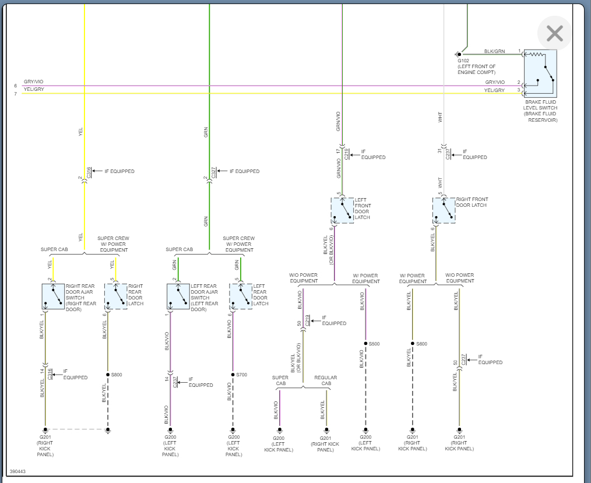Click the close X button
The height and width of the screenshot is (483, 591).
click(554, 34)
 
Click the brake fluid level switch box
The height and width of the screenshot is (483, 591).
click(540, 73)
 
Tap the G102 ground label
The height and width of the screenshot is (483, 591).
click(463, 61)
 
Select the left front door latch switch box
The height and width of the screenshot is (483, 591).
click(342, 210)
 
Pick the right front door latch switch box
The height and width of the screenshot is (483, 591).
click(444, 210)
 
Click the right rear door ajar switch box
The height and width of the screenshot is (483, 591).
click(53, 297)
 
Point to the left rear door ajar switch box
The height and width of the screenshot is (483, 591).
click(178, 297)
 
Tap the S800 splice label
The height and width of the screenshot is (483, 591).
click(117, 375)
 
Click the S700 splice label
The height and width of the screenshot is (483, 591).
click(242, 375)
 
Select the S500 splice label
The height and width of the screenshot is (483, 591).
click(374, 344)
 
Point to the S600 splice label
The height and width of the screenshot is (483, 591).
click(421, 344)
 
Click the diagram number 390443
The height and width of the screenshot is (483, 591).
click(17, 471)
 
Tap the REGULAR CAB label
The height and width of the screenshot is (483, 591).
click(326, 380)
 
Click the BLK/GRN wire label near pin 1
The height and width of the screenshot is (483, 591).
click(495, 51)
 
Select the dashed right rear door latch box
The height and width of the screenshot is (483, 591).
click(115, 297)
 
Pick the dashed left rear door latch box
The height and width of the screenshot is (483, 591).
click(241, 297)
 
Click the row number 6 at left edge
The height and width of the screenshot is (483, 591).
click(16, 86)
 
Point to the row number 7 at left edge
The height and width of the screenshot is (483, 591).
click(16, 93)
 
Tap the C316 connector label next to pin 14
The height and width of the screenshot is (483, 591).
click(50, 373)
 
